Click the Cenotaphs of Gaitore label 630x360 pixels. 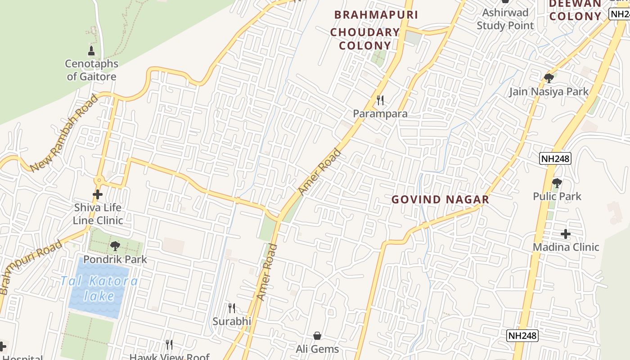point(92,70)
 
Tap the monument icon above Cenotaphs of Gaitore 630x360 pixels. point(92,50)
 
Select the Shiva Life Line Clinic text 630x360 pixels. point(98,214)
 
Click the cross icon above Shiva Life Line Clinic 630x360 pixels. point(98,194)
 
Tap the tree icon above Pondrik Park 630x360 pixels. point(115,246)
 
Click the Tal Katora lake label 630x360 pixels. point(99,288)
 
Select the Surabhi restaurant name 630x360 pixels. point(232,321)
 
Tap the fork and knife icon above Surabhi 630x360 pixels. point(232,308)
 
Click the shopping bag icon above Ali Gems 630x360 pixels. point(317,336)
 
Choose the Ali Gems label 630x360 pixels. point(317,349)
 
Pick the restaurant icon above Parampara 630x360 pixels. point(380,100)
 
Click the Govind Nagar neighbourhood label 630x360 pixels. point(440,199)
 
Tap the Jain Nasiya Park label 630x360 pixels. point(549,92)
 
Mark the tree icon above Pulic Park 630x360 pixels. point(557,183)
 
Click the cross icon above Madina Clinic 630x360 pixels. point(566,234)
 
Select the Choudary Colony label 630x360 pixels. point(365,39)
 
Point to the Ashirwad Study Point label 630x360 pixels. point(505,19)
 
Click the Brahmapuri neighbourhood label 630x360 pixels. point(376,15)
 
